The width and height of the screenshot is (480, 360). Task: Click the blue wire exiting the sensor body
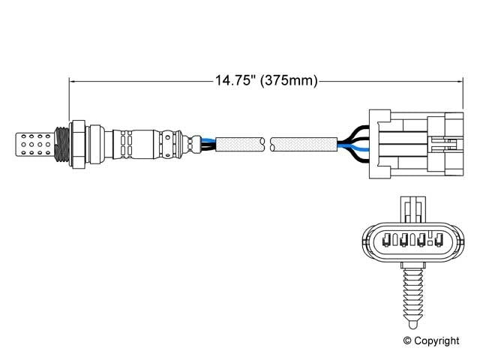(209, 139)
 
